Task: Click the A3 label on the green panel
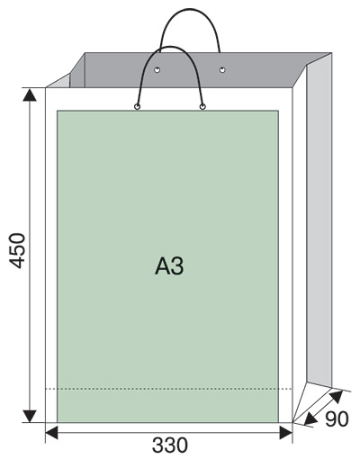[x=169, y=265]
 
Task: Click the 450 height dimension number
[x=17, y=250]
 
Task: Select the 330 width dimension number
[x=170, y=445]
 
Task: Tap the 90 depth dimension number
[x=337, y=418]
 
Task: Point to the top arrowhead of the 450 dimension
[x=30, y=94]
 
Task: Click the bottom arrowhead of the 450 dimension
[x=30, y=416]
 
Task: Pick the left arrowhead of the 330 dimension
[x=51, y=433]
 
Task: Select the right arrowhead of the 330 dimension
[x=286, y=433]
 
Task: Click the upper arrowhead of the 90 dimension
[x=337, y=396]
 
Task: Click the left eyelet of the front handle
[x=137, y=106]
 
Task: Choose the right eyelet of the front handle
[x=202, y=106]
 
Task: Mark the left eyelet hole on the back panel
[x=157, y=70]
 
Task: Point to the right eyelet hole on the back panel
[x=222, y=70]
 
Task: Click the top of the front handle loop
[x=170, y=47]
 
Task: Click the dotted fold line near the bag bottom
[x=168, y=389]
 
